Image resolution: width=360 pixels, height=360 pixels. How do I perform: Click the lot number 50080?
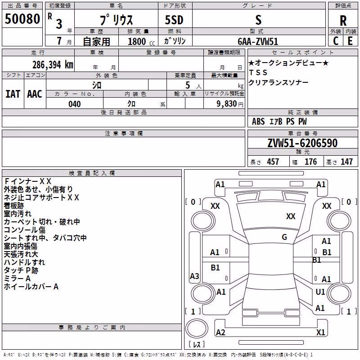coord(22,19)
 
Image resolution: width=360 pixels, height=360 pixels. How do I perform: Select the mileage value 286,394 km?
coord(53,65)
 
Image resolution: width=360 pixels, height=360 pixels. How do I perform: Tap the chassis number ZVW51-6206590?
coord(302,143)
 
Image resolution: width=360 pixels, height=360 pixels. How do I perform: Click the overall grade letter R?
coord(343,21)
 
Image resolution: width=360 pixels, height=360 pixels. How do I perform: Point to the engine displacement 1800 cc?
coord(141,41)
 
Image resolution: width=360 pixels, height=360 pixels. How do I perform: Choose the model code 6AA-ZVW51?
coord(258,41)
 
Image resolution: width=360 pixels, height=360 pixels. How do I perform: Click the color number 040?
coord(75,104)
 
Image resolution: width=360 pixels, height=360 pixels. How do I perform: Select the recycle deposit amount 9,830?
coord(227,104)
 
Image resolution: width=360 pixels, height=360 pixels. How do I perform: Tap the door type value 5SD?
coord(174,20)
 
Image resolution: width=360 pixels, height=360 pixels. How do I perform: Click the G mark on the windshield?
coord(284,237)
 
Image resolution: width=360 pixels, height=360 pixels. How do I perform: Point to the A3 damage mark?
coord(194,276)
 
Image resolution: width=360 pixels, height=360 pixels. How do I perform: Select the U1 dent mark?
coord(320,292)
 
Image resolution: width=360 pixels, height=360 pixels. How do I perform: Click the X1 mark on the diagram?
coord(320,332)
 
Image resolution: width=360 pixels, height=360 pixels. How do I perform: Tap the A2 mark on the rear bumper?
coord(220,332)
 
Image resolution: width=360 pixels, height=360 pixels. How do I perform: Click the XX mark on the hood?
coord(291,216)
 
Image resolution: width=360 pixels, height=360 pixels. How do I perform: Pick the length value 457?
coord(273,162)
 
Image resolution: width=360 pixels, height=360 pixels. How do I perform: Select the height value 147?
coord(346,162)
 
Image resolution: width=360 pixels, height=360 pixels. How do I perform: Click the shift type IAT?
coord(13,94)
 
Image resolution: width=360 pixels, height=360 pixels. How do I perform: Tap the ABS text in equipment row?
coord(258,121)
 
